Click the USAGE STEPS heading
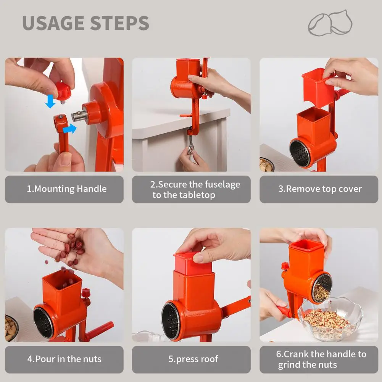[85, 23]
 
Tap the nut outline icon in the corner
[330, 23]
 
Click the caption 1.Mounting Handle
[64, 189]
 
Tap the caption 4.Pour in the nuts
[64, 359]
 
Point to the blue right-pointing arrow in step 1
[69, 129]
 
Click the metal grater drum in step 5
[170, 321]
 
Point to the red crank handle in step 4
[100, 330]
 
